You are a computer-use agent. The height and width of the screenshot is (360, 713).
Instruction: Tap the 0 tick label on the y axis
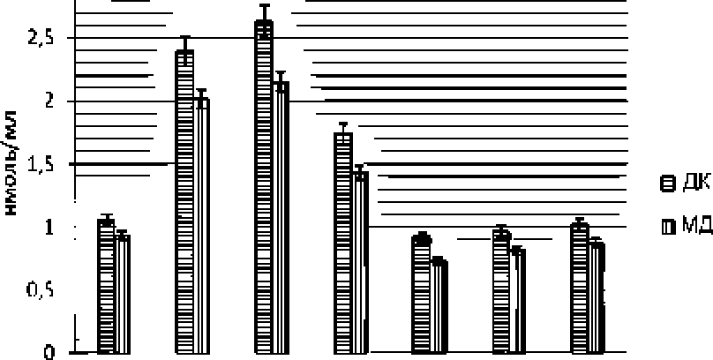pos(50,353)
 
